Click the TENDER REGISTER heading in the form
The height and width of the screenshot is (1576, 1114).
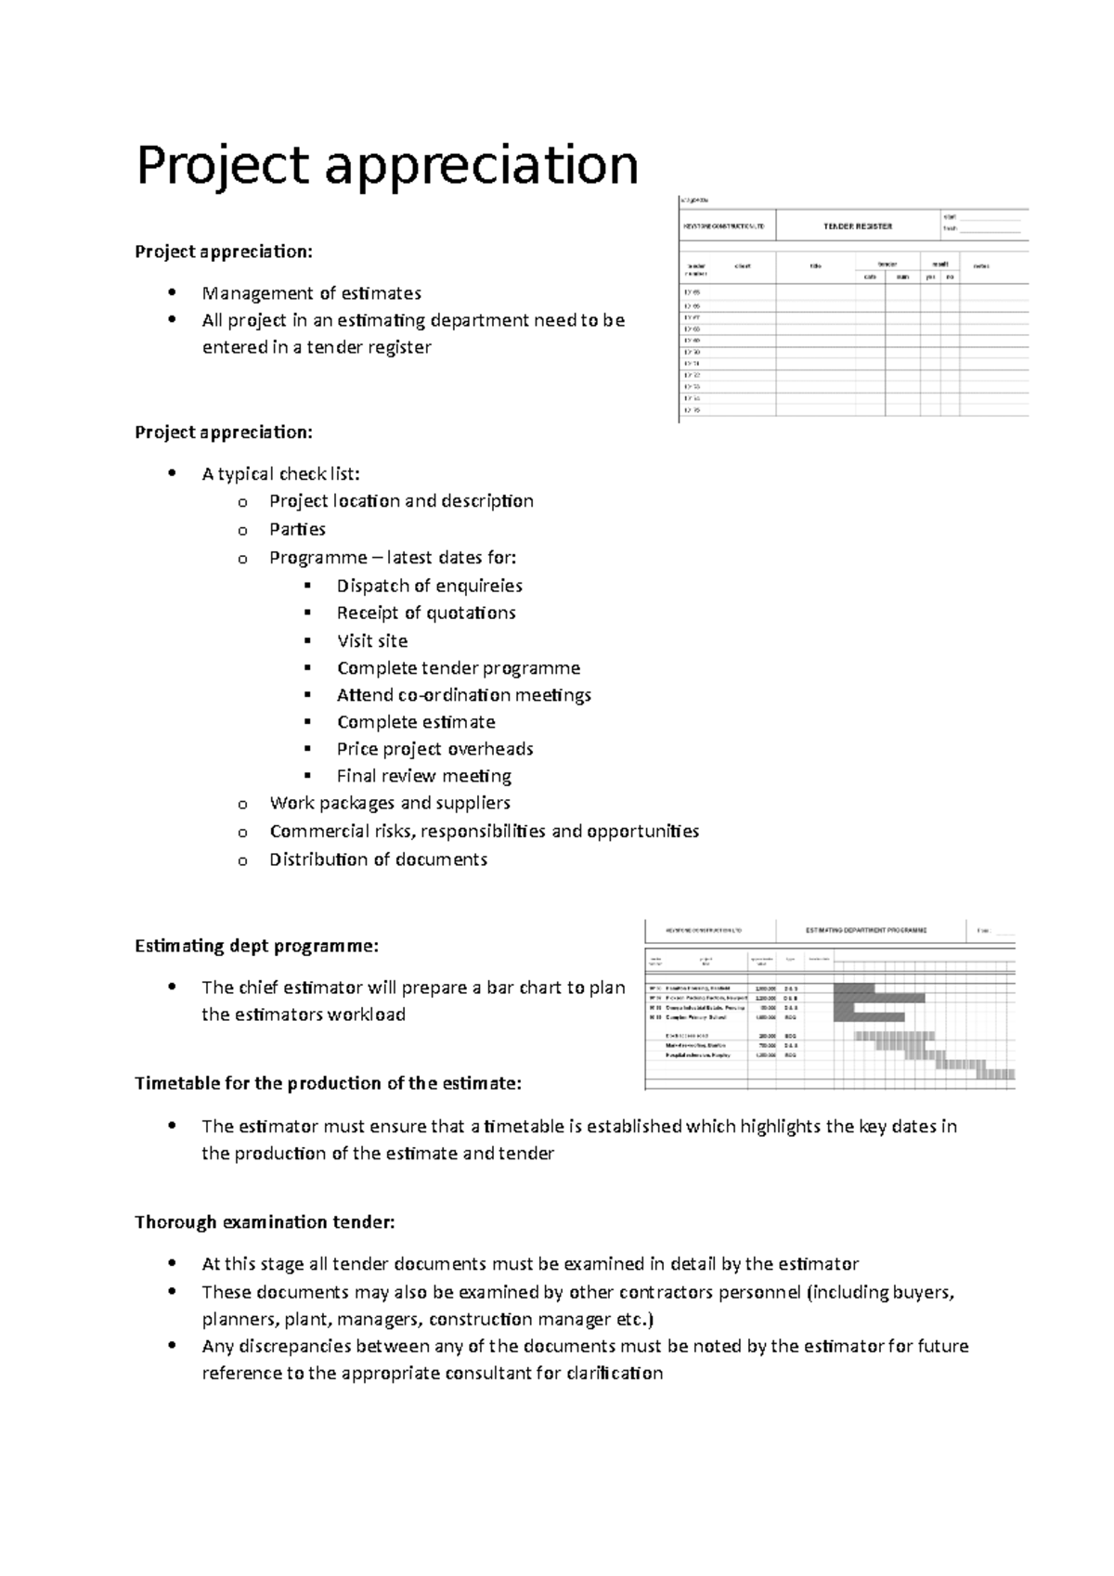click(x=857, y=226)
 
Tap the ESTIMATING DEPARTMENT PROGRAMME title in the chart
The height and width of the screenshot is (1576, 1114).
click(x=865, y=929)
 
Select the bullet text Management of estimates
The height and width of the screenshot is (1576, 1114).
click(x=311, y=293)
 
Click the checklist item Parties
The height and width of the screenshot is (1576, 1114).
click(x=297, y=529)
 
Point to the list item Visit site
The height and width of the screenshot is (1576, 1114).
click(x=371, y=640)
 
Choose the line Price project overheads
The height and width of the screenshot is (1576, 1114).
click(x=434, y=748)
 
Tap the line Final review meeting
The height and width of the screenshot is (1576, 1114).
click(x=423, y=775)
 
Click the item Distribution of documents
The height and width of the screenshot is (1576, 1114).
click(x=378, y=859)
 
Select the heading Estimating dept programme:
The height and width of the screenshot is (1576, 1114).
click(x=256, y=946)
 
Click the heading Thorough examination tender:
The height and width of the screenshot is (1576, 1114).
click(x=265, y=1221)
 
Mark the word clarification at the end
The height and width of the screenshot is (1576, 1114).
click(x=614, y=1373)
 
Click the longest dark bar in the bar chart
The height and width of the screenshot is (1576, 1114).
click(x=879, y=998)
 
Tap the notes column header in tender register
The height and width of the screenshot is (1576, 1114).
click(x=981, y=266)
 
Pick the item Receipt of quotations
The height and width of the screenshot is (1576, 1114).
click(x=425, y=613)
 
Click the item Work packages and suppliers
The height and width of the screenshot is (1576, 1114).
click(x=389, y=803)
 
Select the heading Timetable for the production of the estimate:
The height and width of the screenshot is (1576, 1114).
click(x=328, y=1083)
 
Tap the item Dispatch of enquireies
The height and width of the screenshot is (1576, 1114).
click(x=429, y=586)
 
